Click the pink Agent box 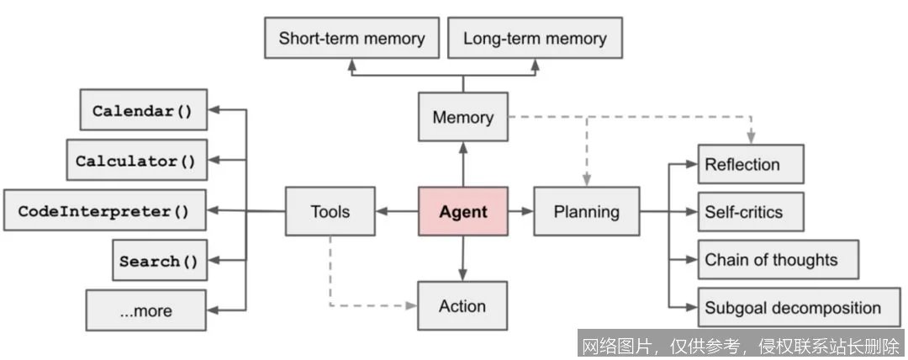click(462, 211)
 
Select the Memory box click(462, 117)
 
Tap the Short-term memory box click(351, 38)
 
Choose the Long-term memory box click(535, 38)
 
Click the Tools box click(330, 211)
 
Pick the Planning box click(586, 211)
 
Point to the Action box click(462, 305)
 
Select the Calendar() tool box click(143, 110)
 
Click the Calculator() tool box click(136, 161)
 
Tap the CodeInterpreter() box click(104, 210)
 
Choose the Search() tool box click(159, 260)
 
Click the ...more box click(145, 310)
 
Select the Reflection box click(751, 164)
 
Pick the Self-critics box click(751, 212)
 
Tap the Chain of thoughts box click(778, 259)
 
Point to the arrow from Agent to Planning click(520, 211)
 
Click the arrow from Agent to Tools click(397, 211)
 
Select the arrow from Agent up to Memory click(462, 164)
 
